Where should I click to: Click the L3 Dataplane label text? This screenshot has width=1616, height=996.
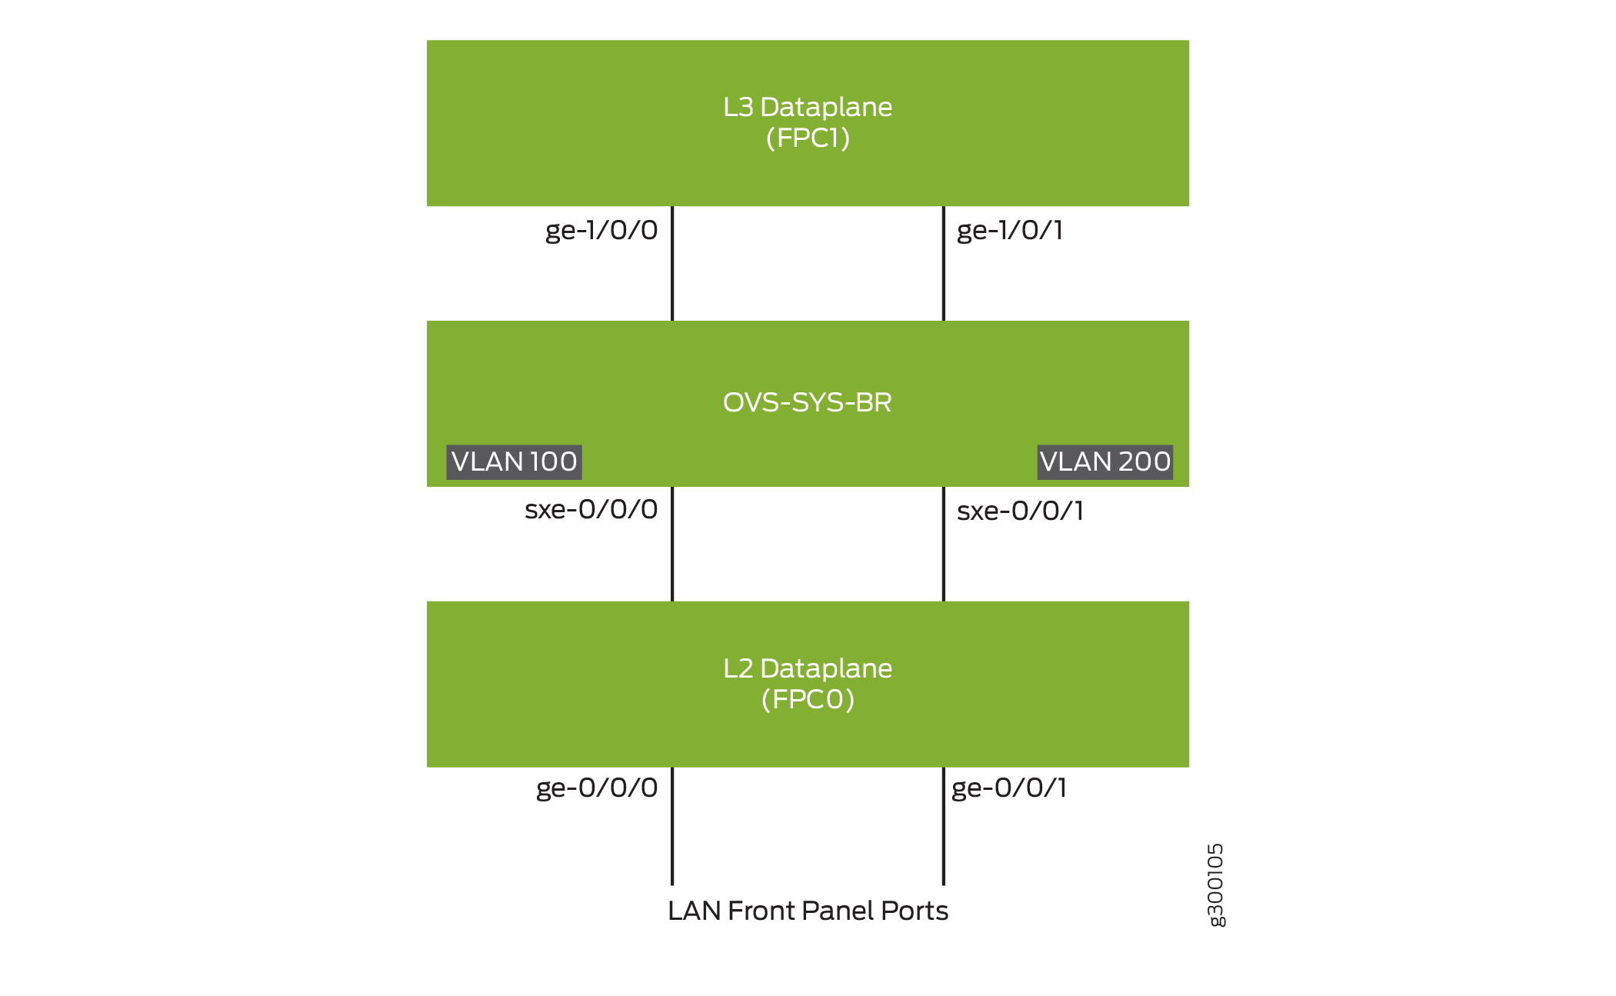[x=807, y=107]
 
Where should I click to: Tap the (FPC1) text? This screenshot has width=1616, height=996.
[x=807, y=138]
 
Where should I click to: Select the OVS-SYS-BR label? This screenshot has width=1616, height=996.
[x=807, y=402]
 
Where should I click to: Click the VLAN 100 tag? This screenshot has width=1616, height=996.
[x=514, y=461]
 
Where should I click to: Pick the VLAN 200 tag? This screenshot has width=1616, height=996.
[x=1105, y=461]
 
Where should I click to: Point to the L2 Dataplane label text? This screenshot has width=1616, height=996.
[x=807, y=668]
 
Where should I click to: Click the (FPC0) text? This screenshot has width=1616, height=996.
[x=807, y=699]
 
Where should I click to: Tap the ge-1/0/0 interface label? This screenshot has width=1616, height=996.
[x=601, y=230]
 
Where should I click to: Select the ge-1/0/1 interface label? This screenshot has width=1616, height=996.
[x=1009, y=230]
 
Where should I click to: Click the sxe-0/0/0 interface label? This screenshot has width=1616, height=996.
[x=591, y=509]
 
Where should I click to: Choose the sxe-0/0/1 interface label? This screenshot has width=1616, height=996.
[x=1020, y=511]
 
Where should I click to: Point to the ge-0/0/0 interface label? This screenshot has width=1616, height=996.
[x=597, y=788]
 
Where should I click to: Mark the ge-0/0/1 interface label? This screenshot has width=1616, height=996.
[x=1008, y=788]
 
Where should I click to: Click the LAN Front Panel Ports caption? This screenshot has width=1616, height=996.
[x=808, y=911]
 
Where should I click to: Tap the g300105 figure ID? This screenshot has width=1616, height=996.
[x=1215, y=885]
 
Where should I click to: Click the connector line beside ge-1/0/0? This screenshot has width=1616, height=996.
[x=672, y=263]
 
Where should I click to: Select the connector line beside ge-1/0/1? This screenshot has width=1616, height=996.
[x=943, y=263]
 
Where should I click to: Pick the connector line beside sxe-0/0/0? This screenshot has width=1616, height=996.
[x=672, y=544]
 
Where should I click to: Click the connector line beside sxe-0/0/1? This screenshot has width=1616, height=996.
[x=943, y=544]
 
